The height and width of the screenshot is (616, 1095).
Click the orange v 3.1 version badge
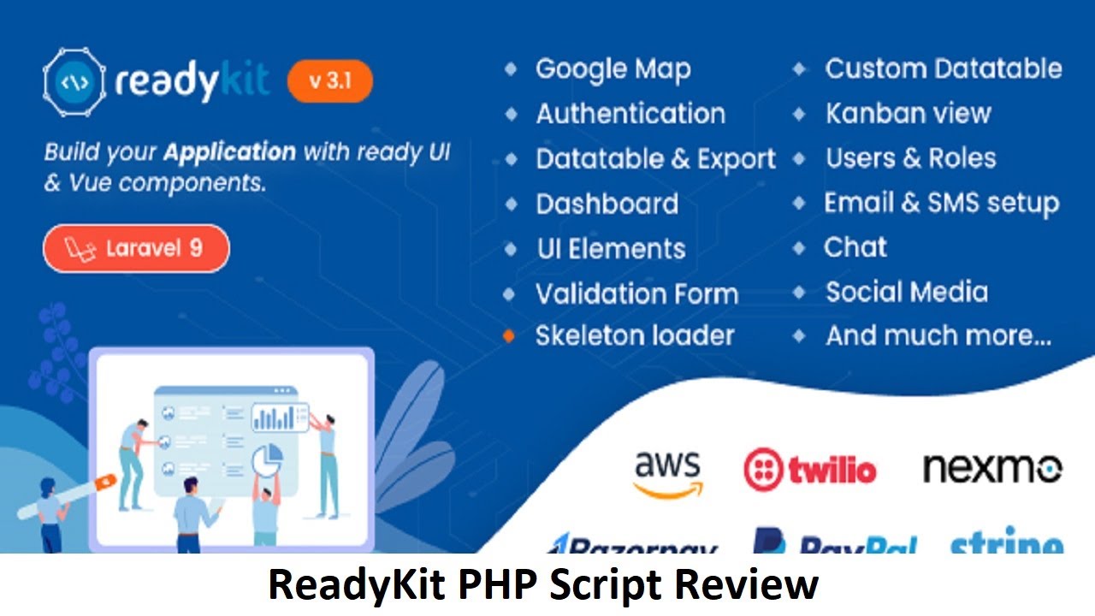coord(329,81)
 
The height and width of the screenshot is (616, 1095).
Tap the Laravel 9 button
coord(136,249)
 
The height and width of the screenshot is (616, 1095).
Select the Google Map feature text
coord(613,69)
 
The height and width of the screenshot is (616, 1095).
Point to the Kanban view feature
coord(908,113)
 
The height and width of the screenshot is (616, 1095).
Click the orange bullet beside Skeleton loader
coord(510,336)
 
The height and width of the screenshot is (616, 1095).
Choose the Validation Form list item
coord(636,294)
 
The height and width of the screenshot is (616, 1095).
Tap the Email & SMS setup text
coord(941,204)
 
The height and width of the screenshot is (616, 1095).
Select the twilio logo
coord(809,470)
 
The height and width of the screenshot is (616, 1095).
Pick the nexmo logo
coord(992,468)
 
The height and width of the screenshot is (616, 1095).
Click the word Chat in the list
coord(855,248)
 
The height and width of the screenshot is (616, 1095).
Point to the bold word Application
coord(229,153)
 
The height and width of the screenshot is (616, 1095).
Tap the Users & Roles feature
coord(910,158)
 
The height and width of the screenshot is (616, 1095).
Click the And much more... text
coord(938,336)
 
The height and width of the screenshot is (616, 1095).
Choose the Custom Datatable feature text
coord(943,69)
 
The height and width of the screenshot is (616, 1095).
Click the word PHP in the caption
coord(500,585)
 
